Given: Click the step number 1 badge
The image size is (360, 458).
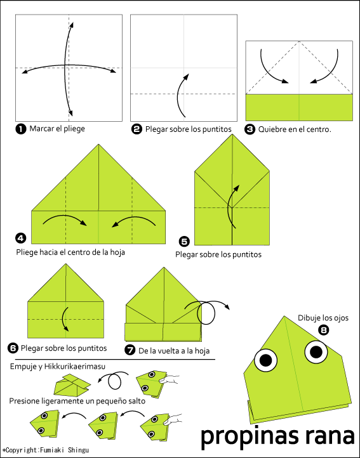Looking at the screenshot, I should [x=21, y=129].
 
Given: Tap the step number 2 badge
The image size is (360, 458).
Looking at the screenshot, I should [x=137, y=129].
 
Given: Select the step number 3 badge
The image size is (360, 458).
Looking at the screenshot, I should [x=250, y=129].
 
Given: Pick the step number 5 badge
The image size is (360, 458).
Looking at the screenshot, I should [x=184, y=241].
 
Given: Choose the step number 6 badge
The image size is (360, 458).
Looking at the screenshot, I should [x=13, y=348].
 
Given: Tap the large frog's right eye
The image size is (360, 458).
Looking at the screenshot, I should [x=316, y=350].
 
